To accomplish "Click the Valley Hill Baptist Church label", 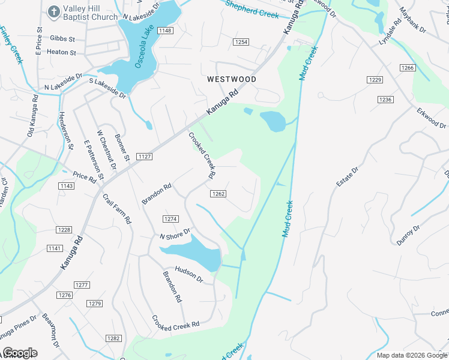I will pos(91,13).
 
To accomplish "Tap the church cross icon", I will pos(53,12).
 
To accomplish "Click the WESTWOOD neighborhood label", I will pos(232,79).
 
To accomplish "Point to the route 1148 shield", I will pos(166,31).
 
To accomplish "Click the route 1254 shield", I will pos(241,42).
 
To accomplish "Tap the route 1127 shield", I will pos(145,157).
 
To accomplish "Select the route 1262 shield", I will pos(218,193).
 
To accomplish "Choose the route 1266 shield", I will pos(408,68).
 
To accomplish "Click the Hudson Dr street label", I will pos(189,275).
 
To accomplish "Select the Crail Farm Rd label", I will pos(116,208).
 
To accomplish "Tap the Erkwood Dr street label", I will pos(432,118).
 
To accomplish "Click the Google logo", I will pos(20,353).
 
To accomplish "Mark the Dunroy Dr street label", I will pos(408,235).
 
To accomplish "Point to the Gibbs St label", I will pos(63,38).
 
